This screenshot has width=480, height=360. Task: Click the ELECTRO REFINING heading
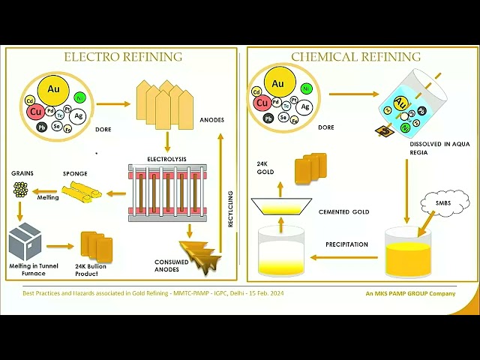pyautogui.click(x=123, y=56)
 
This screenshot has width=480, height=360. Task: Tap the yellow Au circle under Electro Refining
pyautogui.click(x=53, y=89)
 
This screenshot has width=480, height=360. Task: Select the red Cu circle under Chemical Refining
pyautogui.click(x=262, y=103)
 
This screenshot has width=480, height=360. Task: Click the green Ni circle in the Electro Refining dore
pyautogui.click(x=79, y=97)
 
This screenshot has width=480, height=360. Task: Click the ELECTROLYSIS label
pyautogui.click(x=166, y=159)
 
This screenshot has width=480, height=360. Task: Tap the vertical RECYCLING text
pyautogui.click(x=230, y=209)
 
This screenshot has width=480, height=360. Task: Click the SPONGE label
pyautogui.click(x=75, y=174)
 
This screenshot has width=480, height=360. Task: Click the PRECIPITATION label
pyautogui.click(x=346, y=244)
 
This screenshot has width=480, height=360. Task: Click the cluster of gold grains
pyautogui.click(x=20, y=190)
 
